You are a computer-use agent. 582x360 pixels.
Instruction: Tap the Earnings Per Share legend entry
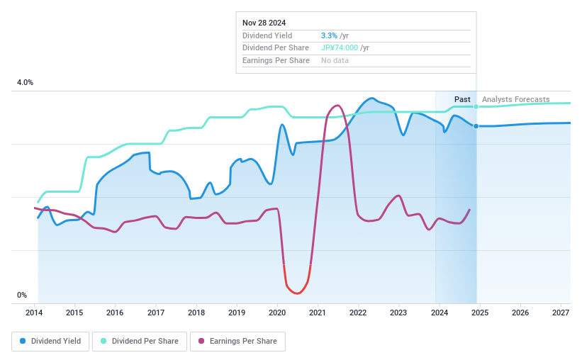[237, 341]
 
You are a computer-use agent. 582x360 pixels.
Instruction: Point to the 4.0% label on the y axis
[25, 83]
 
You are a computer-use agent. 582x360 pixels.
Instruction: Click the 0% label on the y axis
[22, 295]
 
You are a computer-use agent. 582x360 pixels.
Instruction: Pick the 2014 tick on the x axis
[35, 313]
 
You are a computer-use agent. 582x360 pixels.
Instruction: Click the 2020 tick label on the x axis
[277, 313]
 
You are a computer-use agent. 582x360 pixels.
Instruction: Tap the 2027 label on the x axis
[561, 313]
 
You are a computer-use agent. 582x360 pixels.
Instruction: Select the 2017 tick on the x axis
[156, 313]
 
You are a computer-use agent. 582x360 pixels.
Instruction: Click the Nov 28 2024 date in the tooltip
[264, 23]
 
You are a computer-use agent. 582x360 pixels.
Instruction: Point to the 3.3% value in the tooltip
[328, 35]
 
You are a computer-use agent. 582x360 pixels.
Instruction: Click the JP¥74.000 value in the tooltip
[340, 48]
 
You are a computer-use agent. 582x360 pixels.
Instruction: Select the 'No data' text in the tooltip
[335, 61]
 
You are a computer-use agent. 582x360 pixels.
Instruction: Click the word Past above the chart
[462, 99]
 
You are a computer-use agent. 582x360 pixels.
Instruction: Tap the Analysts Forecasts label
[515, 99]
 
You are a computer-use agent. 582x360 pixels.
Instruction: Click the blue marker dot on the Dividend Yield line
[476, 126]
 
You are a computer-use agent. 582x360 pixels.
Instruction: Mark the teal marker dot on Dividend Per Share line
[476, 106]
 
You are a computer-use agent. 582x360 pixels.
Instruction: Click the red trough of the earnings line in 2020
[296, 293]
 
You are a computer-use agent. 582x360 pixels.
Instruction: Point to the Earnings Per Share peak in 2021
[337, 106]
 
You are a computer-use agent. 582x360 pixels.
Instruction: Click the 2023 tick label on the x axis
[398, 313]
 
